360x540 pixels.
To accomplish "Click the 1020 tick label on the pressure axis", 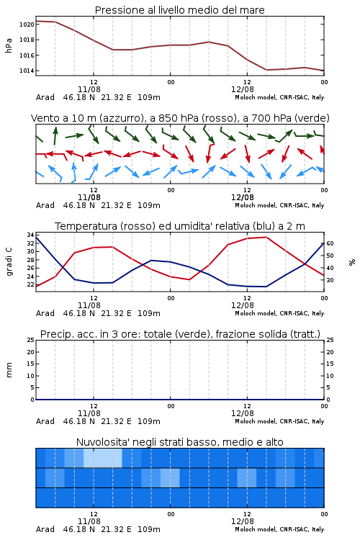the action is pos(27,24).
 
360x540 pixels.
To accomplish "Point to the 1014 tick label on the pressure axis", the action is pos(27,71).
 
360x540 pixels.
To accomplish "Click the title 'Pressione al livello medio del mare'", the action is pos(180,10).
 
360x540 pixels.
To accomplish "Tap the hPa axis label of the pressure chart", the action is pos(9,45).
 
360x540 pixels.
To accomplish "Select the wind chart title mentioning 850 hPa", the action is pos(180,118).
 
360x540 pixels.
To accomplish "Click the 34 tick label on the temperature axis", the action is pos(30,235).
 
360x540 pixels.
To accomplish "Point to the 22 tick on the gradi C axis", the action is pos(30,284).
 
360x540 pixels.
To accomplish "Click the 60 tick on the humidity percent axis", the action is pos(330,243).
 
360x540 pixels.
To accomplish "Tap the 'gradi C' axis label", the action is pos(9,261).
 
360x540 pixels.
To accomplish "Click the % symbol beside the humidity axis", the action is pos(352,262).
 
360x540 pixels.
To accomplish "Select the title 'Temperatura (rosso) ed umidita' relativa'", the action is pos(152,226).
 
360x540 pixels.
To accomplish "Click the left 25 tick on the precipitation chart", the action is pos(30,341).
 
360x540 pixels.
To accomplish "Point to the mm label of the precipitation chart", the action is pos(9,370).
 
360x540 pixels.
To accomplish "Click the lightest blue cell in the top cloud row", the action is pos(103,458).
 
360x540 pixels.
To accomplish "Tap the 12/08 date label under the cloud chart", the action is pos(243,521).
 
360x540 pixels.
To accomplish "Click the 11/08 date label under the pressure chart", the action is pos(89,89).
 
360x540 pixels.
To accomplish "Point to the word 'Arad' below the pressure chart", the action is pos(45,97).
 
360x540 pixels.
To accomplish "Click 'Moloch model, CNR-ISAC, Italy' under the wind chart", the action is pos(279,205).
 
